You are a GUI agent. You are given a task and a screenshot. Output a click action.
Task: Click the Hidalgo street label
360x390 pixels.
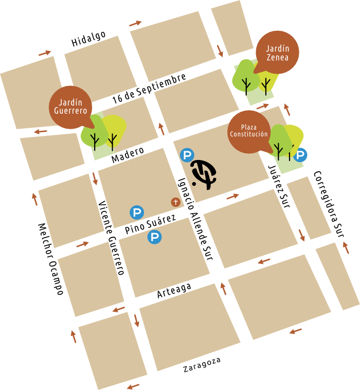click(88, 39)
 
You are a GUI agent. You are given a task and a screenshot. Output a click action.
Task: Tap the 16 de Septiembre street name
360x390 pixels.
click(149, 89)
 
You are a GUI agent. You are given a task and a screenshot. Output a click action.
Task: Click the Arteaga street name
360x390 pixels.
click(174, 290)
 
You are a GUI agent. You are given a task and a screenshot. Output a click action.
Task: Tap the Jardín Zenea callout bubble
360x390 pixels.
click(277, 54)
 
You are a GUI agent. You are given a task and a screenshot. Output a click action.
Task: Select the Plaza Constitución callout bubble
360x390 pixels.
click(249, 131)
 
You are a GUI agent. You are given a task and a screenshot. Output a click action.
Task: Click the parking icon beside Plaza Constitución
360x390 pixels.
click(300, 154)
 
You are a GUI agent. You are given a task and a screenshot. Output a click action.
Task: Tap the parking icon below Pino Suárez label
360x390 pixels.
click(154, 237)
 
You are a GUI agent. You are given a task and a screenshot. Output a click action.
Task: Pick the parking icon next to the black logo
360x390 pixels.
click(186, 155)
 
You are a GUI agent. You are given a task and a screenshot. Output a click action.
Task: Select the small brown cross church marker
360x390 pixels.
click(176, 202)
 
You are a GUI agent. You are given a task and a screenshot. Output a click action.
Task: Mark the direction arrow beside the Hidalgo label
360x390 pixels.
click(45, 52)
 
